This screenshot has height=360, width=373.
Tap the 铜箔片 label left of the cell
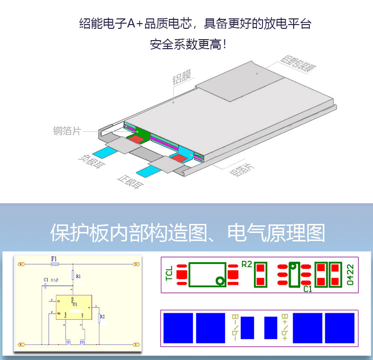click(67, 131)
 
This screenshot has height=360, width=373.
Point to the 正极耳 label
click(129, 181)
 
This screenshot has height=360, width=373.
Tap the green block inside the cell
click(142, 132)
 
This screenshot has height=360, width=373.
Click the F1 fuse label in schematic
click(54, 258)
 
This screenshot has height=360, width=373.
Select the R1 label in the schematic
click(78, 276)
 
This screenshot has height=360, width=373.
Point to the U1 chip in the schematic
click(75, 305)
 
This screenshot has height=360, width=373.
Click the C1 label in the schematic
click(46, 280)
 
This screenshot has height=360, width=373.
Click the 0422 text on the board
click(350, 275)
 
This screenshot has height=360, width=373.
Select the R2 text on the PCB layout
click(246, 264)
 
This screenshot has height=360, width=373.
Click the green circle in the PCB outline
click(220, 281)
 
